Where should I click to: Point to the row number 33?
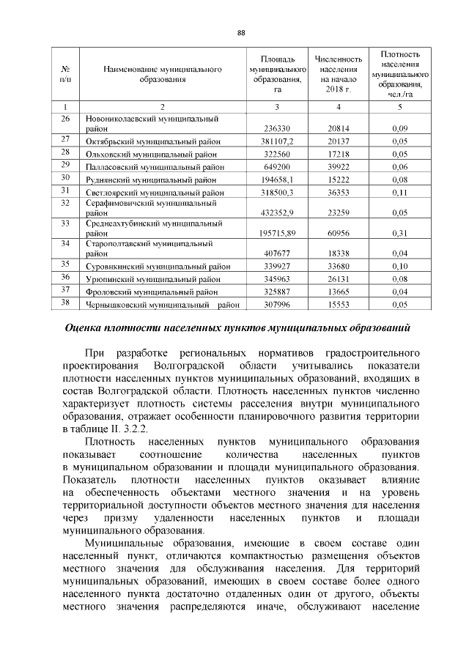(x=64, y=222)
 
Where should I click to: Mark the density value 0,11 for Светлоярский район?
(x=399, y=193)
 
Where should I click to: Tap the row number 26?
(x=64, y=118)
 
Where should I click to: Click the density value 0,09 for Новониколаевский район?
(x=399, y=128)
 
